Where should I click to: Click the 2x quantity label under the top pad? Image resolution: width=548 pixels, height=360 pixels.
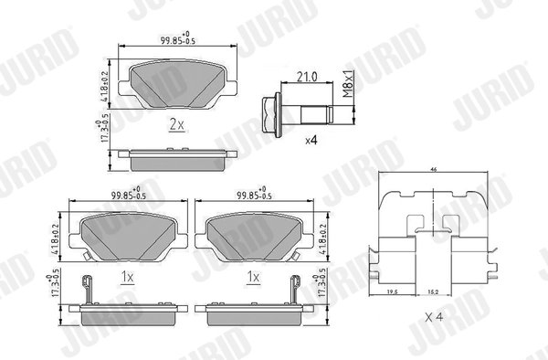[x=176, y=124]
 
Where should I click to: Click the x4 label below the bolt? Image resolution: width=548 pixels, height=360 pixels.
[x=311, y=141]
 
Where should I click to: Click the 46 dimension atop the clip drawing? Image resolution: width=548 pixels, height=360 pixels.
[x=433, y=171]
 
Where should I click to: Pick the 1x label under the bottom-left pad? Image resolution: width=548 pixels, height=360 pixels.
[x=128, y=276]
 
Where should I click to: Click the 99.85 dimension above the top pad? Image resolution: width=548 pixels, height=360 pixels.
[x=174, y=38]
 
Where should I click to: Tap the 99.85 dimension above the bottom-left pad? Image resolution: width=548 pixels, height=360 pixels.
[x=128, y=194]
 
